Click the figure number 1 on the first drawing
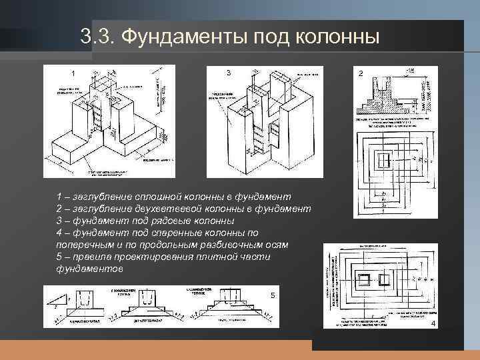[x=73, y=73]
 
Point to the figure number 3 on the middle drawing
[x=229, y=72]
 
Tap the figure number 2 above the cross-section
[x=361, y=73]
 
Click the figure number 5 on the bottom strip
[x=273, y=295]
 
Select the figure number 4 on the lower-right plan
[x=433, y=323]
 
